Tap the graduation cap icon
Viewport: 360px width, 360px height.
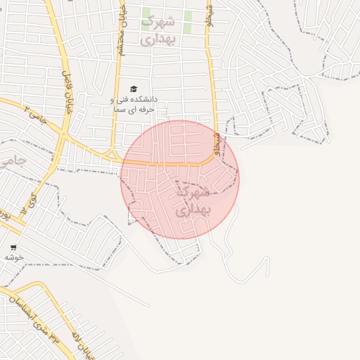coord(134,89)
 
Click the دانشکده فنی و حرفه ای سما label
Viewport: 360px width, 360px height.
coord(134,104)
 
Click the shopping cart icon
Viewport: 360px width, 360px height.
coord(13,247)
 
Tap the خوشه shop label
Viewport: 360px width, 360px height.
coord(14,257)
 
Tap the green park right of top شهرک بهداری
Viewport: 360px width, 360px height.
coord(188,17)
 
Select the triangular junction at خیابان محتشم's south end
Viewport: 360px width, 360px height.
coord(110,153)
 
